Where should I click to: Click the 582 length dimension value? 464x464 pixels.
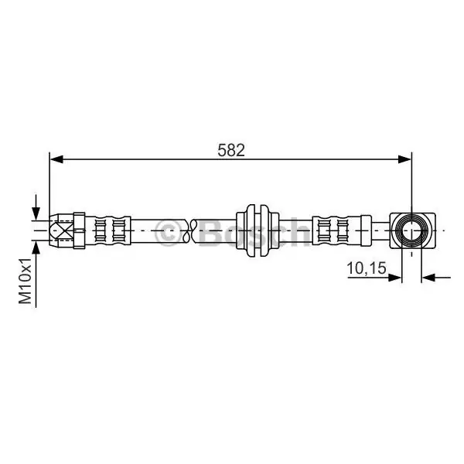(231, 150)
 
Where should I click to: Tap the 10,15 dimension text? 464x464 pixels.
(367, 268)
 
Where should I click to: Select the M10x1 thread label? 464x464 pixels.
(26, 281)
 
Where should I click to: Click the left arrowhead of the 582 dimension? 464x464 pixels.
(56, 159)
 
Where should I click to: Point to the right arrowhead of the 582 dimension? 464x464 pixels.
(404, 159)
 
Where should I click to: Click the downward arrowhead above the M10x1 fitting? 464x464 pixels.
(36, 213)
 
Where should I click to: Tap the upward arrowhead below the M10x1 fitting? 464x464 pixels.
(36, 247)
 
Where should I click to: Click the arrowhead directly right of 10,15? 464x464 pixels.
(394, 278)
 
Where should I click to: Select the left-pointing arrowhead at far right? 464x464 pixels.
(428, 278)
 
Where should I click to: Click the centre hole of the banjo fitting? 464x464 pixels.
(411, 230)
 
